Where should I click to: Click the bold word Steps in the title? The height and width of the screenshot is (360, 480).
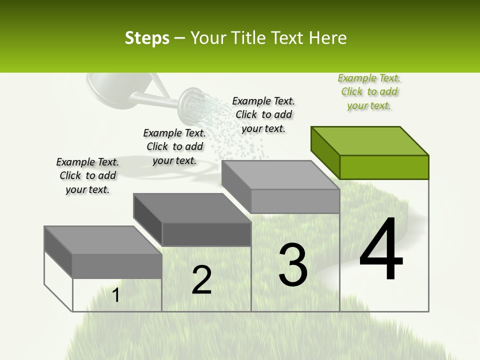(147, 38)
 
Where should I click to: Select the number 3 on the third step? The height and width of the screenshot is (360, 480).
(293, 265)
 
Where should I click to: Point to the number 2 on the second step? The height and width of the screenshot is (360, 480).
(201, 280)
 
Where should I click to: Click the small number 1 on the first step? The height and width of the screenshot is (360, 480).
(116, 295)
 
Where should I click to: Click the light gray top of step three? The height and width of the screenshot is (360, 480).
(280, 175)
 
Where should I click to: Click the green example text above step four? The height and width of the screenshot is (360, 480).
(369, 91)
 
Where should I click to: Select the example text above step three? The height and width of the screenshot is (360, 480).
(263, 114)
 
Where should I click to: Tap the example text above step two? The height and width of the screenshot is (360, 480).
(174, 146)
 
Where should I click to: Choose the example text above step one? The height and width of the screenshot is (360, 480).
(87, 175)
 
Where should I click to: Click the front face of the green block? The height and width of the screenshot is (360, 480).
(384, 167)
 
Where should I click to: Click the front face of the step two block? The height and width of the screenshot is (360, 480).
(206, 234)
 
